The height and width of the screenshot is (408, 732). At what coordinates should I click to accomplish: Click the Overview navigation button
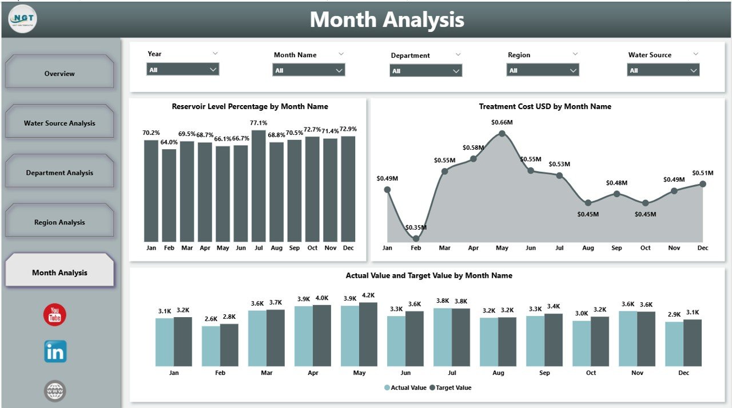point(59,73)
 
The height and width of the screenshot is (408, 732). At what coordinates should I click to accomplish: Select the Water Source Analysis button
point(59,123)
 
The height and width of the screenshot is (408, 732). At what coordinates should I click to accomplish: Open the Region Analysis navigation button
point(59,222)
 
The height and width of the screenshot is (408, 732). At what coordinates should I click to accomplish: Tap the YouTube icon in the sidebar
point(55,315)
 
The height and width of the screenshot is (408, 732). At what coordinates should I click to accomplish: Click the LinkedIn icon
point(55,351)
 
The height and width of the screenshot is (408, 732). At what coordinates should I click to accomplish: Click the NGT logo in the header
point(23,19)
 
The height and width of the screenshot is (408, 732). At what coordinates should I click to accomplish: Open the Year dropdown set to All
point(182,70)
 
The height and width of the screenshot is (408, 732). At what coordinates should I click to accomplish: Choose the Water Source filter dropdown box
point(663,70)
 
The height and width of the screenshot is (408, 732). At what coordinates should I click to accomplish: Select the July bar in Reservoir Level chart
point(258,186)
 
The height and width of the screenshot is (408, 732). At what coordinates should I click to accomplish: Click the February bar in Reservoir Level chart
point(169,195)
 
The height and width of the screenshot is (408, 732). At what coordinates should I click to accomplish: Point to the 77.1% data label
point(258,122)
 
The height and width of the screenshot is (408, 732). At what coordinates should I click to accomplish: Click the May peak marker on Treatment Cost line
point(502,134)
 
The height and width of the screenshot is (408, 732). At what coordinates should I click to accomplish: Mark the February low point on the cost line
point(416,238)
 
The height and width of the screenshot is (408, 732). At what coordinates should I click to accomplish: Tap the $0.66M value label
point(502,122)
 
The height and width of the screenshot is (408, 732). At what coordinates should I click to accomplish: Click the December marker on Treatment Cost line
point(703,184)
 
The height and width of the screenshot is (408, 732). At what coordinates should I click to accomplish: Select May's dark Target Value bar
point(368,334)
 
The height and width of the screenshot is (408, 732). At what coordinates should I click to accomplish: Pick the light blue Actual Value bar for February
point(211,346)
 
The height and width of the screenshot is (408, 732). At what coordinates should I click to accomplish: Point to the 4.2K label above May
point(369,295)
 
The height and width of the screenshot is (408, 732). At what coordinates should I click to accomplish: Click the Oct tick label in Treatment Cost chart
point(645,248)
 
